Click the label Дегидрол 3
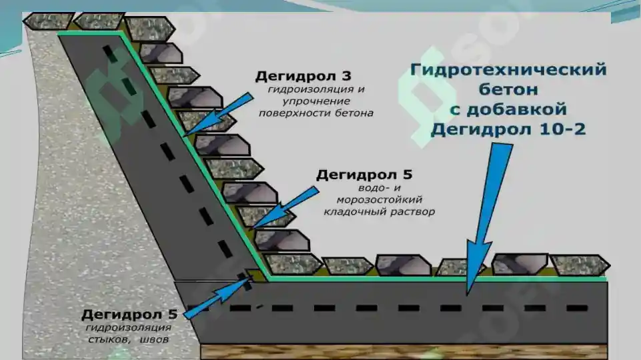pyautogui.click(x=303, y=76)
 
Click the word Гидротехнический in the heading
pyautogui.click(x=508, y=69)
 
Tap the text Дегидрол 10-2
pyautogui.click(x=508, y=129)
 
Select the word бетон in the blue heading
pyautogui.click(x=508, y=89)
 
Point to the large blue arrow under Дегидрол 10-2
pyautogui.click(x=488, y=219)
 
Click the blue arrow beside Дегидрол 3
pyautogui.click(x=218, y=115)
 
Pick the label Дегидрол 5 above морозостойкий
pyautogui.click(x=364, y=175)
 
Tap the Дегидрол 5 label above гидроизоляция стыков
pyautogui.click(x=129, y=314)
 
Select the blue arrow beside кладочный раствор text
pyautogui.click(x=285, y=207)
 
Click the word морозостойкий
pyautogui.click(x=379, y=200)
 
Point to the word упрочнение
pyautogui.click(x=316, y=101)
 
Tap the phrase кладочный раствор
pyautogui.click(x=379, y=212)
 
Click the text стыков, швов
pyautogui.click(x=128, y=339)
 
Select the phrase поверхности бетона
pyautogui.click(x=316, y=113)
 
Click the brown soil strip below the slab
pyautogui.click(x=404, y=351)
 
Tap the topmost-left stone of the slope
pyautogui.click(x=48, y=21)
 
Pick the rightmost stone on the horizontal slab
pyautogui.click(x=580, y=265)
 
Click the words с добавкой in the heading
pyautogui.click(x=508, y=109)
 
